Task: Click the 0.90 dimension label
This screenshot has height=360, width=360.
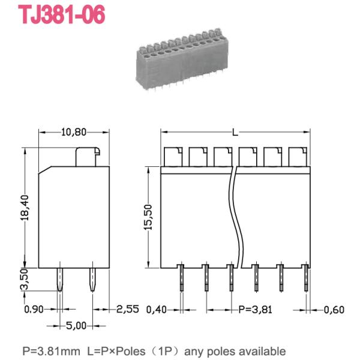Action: pyautogui.click(x=34, y=310)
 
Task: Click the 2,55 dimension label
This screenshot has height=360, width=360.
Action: pyautogui.click(x=128, y=310)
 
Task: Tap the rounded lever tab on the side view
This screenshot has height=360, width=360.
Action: pyautogui.click(x=88, y=157)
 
